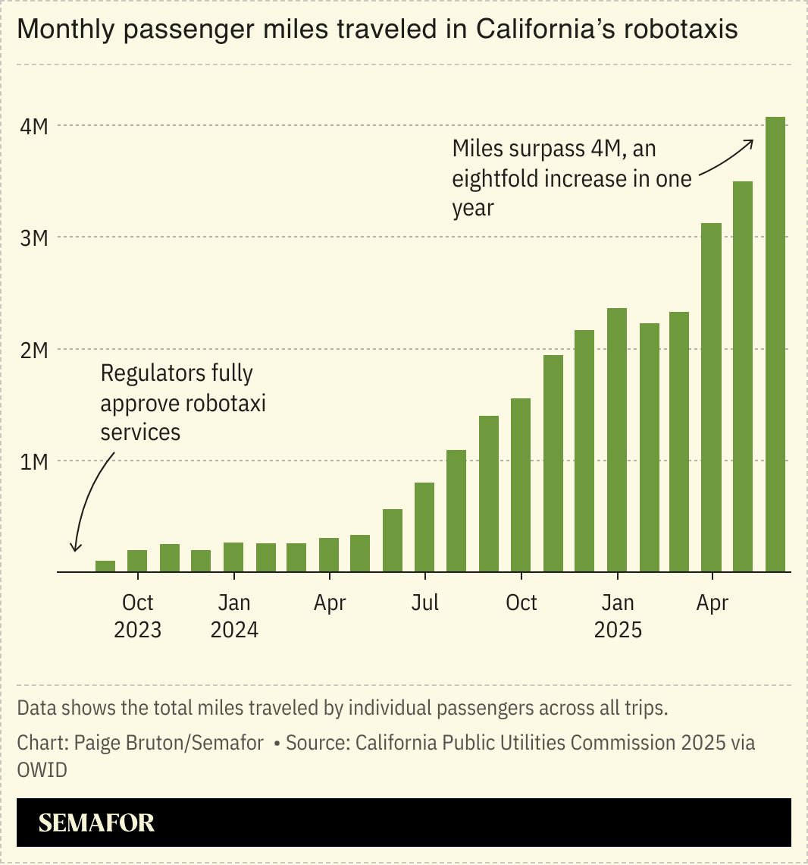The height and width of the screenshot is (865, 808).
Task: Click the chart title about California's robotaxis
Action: click(377, 30)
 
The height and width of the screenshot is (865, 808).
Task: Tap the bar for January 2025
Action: click(616, 439)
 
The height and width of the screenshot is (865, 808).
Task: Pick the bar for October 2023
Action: click(137, 561)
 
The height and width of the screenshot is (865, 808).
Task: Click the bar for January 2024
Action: click(233, 557)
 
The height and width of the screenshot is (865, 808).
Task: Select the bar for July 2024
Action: click(424, 527)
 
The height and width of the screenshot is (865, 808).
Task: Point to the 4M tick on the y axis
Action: click(33, 126)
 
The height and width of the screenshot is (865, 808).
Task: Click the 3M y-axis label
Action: click(33, 238)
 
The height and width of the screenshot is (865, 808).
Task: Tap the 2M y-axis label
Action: click(33, 350)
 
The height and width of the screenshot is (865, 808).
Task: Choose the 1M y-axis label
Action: click(33, 461)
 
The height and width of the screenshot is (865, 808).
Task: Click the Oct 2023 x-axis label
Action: click(137, 615)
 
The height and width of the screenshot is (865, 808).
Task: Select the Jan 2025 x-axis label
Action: click(617, 615)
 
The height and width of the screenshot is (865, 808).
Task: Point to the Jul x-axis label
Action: click(424, 602)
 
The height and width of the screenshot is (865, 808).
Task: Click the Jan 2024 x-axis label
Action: click(233, 615)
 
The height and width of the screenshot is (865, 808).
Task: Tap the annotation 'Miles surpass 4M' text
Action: click(572, 178)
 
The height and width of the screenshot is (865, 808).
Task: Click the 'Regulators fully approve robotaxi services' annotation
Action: click(183, 402)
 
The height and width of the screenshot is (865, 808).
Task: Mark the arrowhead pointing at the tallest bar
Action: click(750, 142)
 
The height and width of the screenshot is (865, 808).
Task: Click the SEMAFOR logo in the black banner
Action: click(96, 823)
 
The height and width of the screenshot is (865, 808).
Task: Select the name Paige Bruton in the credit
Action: click(121, 742)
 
